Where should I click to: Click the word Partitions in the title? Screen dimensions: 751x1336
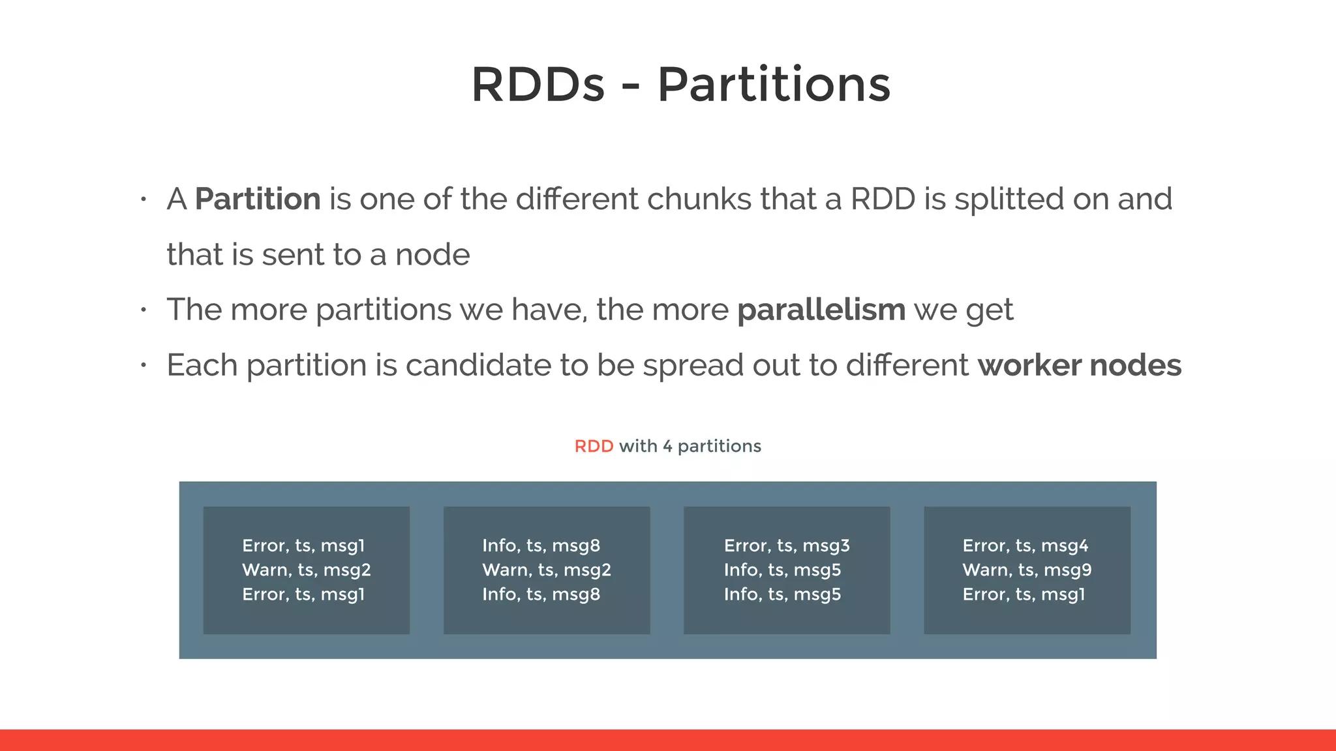(x=774, y=85)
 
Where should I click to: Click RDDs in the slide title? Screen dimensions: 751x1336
(x=538, y=85)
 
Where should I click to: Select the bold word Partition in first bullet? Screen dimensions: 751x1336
(x=258, y=199)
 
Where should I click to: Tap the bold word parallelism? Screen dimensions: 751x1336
(x=821, y=310)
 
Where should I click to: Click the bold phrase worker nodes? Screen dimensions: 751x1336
(x=1079, y=365)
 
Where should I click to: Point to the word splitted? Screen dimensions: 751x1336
(x=1009, y=199)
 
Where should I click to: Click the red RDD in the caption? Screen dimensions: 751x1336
(x=594, y=447)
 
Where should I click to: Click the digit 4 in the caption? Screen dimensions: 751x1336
(x=667, y=447)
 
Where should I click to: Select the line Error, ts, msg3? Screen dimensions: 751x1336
(x=787, y=546)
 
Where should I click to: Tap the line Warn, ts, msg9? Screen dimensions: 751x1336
(x=1027, y=570)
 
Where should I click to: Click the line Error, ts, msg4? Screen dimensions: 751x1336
(x=1025, y=546)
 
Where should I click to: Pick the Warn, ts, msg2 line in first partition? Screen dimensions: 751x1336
(x=306, y=570)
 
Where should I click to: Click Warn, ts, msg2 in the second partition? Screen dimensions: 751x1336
(x=547, y=570)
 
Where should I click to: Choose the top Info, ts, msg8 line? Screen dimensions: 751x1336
(x=541, y=546)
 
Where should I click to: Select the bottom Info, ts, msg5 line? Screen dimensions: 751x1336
(x=782, y=594)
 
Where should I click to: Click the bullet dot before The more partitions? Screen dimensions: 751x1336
(x=144, y=310)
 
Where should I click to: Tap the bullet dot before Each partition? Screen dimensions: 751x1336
(x=144, y=366)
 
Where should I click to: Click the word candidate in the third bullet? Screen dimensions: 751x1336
(x=479, y=365)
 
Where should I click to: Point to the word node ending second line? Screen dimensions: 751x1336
(x=433, y=254)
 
